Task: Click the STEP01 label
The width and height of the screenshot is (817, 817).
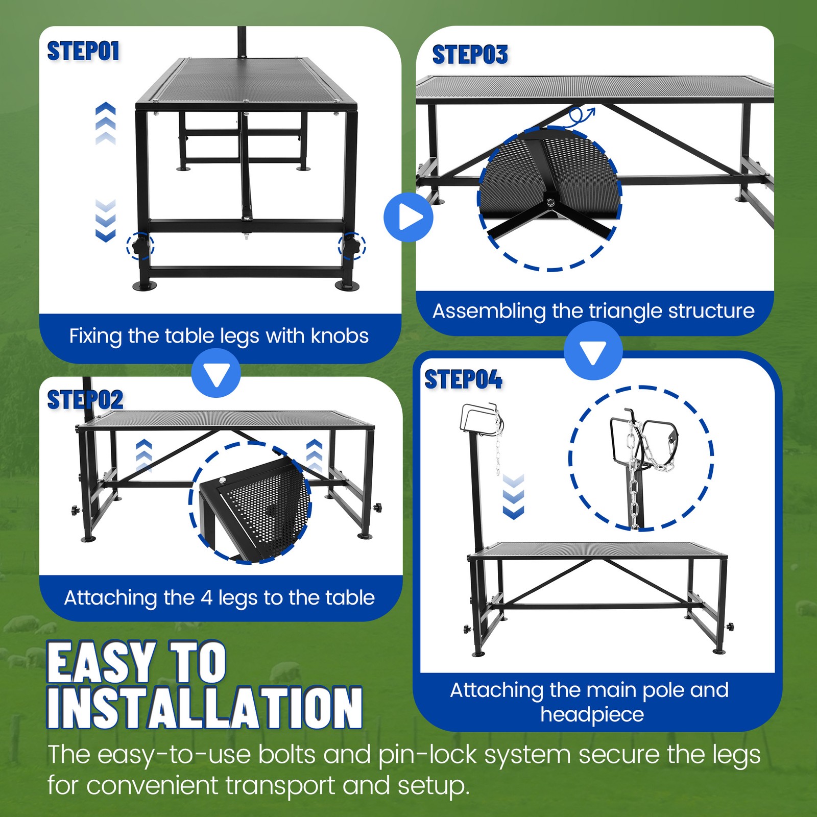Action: [83, 51]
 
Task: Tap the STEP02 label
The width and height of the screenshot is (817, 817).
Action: [85, 400]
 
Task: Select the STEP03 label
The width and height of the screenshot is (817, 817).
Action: [470, 55]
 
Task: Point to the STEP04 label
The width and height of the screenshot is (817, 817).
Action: [464, 379]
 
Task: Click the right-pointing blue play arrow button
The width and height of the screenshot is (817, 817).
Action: [408, 217]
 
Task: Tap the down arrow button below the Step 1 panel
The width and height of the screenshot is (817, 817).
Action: [216, 373]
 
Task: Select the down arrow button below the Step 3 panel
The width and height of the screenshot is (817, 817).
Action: [593, 351]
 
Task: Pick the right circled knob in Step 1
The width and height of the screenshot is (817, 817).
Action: [352, 246]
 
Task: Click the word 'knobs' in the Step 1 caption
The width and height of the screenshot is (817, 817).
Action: [340, 336]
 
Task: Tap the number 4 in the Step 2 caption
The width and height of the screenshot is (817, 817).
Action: [206, 598]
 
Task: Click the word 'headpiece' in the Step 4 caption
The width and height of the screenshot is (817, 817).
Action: [592, 714]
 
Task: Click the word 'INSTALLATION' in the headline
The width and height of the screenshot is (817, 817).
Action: [205, 707]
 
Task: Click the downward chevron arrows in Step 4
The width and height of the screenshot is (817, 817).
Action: [513, 497]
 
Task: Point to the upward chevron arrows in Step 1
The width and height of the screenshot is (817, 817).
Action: [106, 124]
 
